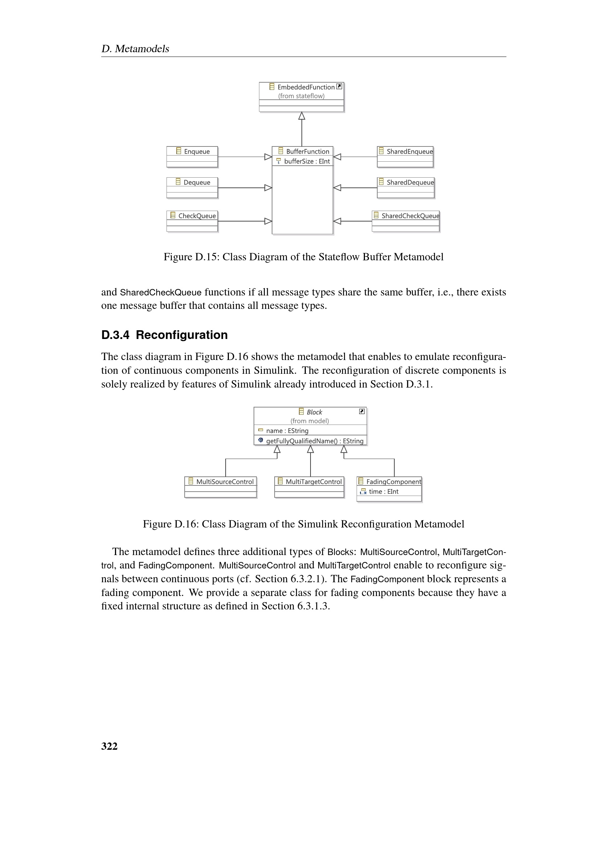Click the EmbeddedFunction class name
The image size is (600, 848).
(x=306, y=87)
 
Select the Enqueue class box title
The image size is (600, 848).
(x=197, y=152)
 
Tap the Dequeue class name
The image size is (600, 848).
(x=197, y=182)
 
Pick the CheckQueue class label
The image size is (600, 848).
(x=197, y=216)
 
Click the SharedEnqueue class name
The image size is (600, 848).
(x=409, y=152)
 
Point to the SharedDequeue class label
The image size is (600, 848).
(x=410, y=182)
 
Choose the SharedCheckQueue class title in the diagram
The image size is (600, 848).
(x=410, y=216)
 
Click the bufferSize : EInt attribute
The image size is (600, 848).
(x=307, y=161)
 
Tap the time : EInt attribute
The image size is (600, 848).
(x=383, y=492)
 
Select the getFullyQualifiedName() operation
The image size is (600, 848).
(x=315, y=441)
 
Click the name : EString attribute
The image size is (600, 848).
(x=287, y=431)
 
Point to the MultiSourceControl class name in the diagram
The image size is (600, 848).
(x=225, y=481)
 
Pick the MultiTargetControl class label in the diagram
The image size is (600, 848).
(x=313, y=481)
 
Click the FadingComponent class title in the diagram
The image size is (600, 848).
(x=394, y=481)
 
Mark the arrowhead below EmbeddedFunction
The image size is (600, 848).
(x=302, y=116)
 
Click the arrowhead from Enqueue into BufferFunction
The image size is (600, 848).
(x=268, y=157)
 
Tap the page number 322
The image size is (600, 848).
(x=109, y=746)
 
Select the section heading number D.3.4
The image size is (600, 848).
(x=115, y=335)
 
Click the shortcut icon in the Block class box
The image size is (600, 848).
(x=362, y=411)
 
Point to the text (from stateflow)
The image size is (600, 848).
(x=301, y=96)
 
